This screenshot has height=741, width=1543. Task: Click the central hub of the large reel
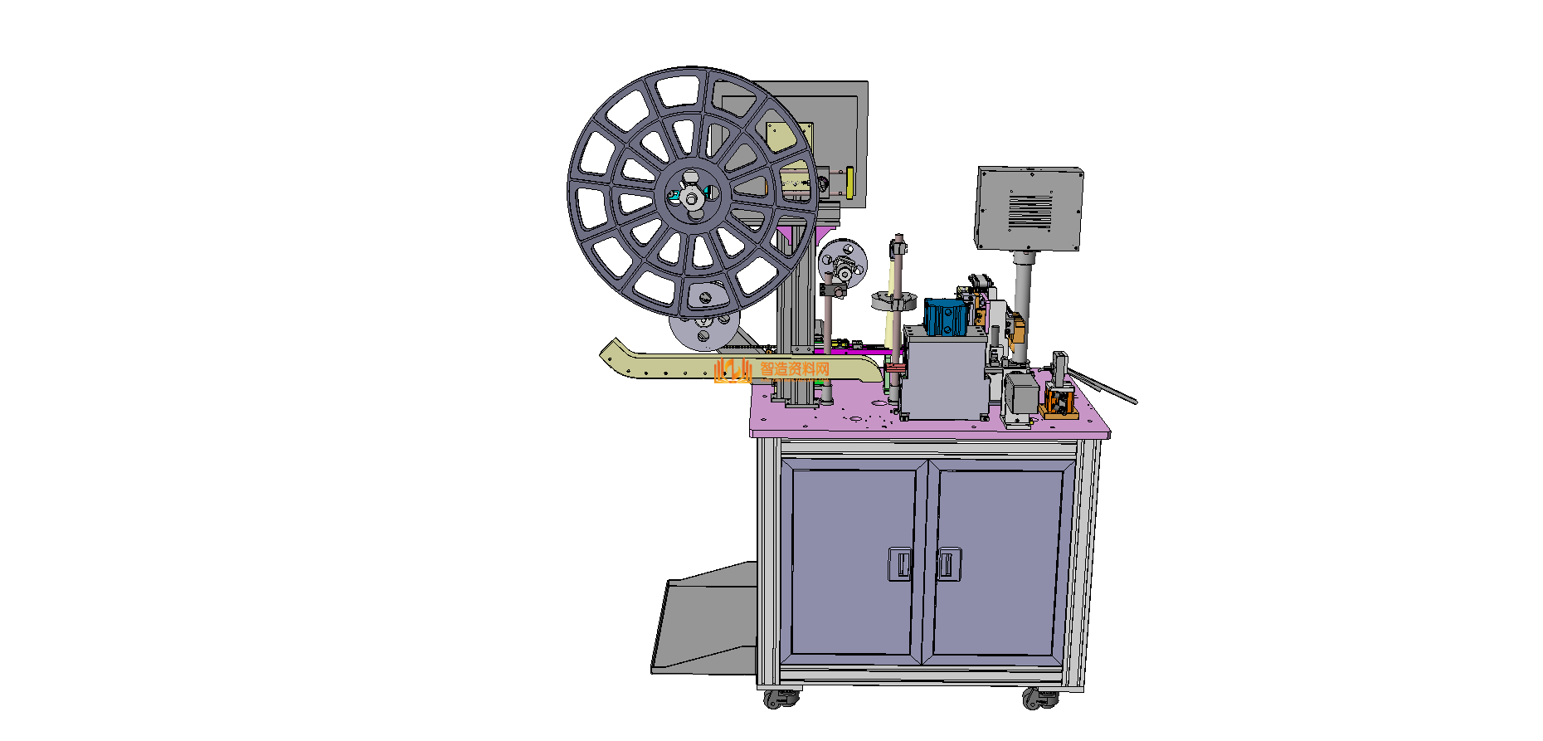click(690, 197)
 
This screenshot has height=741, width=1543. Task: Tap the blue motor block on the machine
click(945, 316)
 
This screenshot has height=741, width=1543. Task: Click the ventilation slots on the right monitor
click(1030, 212)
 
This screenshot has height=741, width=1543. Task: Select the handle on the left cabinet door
click(900, 563)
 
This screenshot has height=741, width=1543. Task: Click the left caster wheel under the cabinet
click(780, 699)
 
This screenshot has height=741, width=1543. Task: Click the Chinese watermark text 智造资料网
click(795, 368)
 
